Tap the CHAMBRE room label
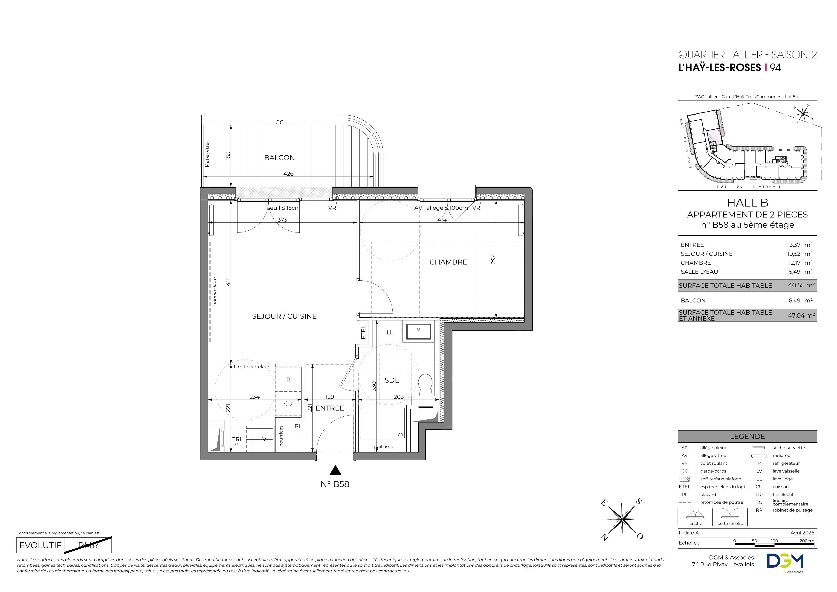[x=448, y=262]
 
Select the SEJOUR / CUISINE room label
[x=284, y=316]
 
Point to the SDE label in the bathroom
[x=392, y=380]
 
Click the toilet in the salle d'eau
[x=425, y=385]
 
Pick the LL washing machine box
[x=390, y=332]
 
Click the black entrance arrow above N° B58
[x=335, y=470]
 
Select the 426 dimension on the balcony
[x=288, y=174]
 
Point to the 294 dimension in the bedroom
[x=493, y=259]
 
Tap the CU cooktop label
[x=288, y=403]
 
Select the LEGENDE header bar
[x=747, y=436]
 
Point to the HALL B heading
[x=747, y=203]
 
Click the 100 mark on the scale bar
[x=774, y=541]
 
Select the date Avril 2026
[x=802, y=533]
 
